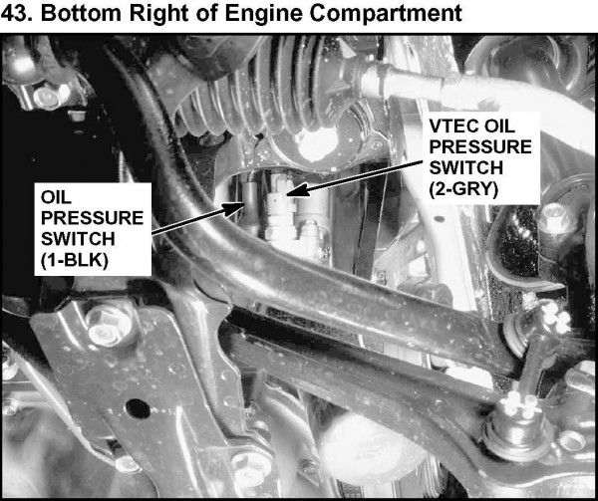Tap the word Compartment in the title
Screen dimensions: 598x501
tap(386, 14)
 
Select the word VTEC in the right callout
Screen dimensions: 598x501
tap(451, 126)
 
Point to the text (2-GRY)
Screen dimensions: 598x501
tap(463, 189)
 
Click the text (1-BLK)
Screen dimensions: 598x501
tap(75, 261)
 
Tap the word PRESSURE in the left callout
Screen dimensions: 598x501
tap(92, 218)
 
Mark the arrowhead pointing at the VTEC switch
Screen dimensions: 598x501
tap(296, 189)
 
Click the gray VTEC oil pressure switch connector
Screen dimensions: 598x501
tap(280, 207)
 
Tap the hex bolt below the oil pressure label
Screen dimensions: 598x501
tap(106, 324)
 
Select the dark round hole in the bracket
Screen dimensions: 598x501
tap(138, 408)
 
